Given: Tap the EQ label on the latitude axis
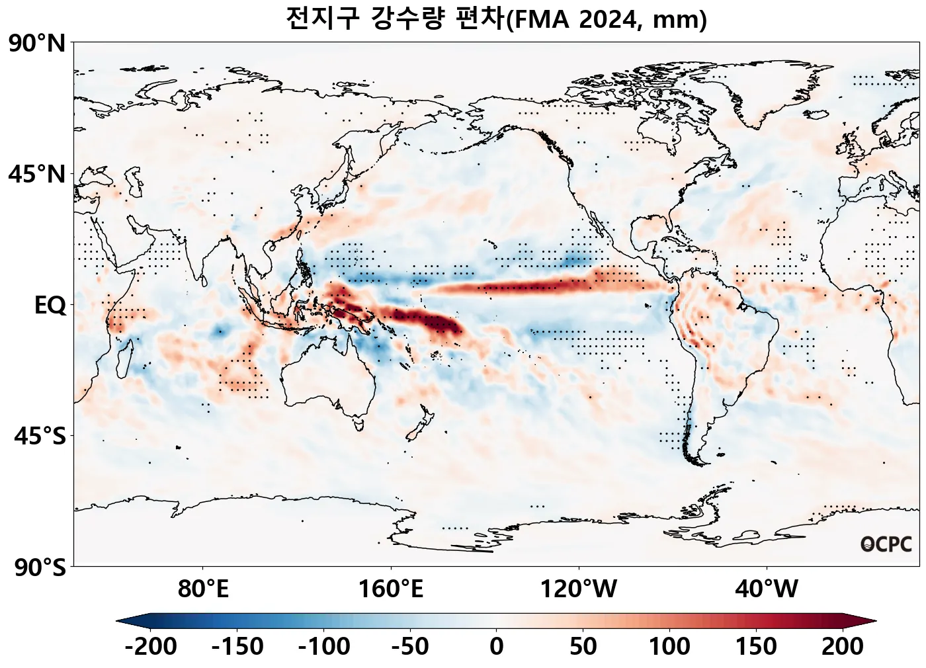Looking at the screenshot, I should (x=50, y=306).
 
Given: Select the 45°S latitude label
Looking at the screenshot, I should (x=39, y=437).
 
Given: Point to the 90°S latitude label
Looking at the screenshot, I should (x=39, y=567).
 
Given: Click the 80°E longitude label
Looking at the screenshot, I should (x=203, y=589).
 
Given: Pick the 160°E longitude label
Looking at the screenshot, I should (x=391, y=589).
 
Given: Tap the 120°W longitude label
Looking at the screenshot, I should (x=579, y=589).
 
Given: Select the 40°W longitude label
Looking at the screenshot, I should (x=767, y=589).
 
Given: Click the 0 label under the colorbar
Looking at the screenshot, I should (x=496, y=646).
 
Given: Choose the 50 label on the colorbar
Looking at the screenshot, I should (x=583, y=646).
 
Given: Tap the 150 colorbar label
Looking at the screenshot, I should (x=756, y=646).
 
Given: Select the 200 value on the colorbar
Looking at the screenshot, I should (x=842, y=646).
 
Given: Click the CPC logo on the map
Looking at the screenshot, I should (x=886, y=544).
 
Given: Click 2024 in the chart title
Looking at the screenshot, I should (x=607, y=20).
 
